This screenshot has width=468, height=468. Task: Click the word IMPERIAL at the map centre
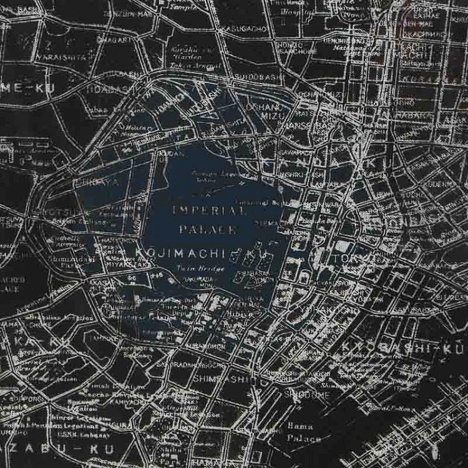pyautogui.click(x=208, y=211)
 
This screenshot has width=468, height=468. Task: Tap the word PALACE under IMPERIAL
pyautogui.click(x=208, y=230)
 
